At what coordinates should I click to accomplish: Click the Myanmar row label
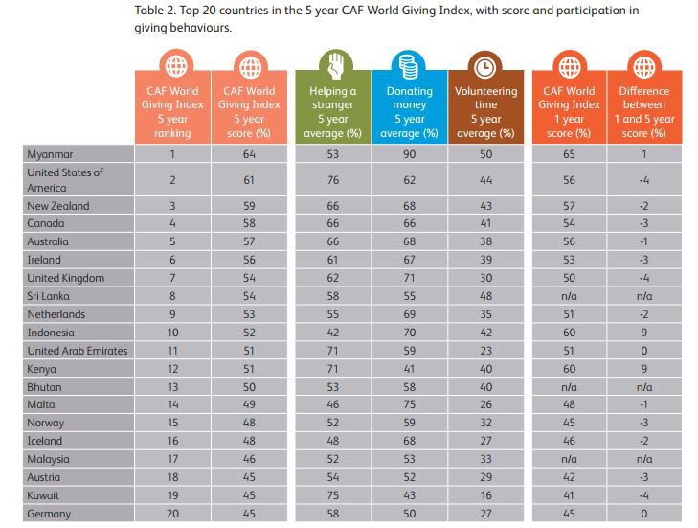(52, 154)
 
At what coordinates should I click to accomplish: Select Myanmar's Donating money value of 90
(408, 154)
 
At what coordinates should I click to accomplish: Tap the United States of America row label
(65, 180)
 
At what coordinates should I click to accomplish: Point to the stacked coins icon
(408, 66)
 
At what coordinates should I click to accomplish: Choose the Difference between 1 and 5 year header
(643, 112)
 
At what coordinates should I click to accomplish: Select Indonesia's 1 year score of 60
(568, 333)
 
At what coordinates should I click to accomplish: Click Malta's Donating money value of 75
(408, 405)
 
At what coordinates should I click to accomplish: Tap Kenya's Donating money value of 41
(408, 369)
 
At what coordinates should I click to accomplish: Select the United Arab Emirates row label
(78, 351)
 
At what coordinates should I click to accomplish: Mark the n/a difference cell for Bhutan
(643, 387)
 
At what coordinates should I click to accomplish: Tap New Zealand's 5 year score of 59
(249, 206)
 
